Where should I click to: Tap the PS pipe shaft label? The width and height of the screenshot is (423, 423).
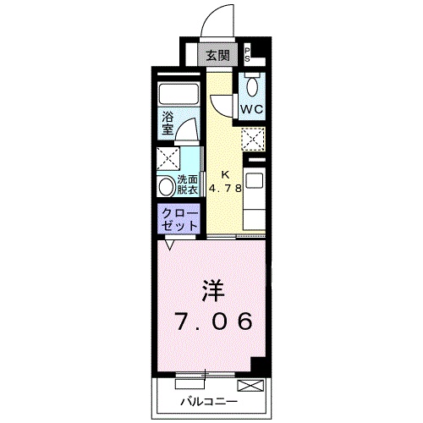pos(248,55)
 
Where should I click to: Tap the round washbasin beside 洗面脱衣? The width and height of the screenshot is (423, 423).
pos(166,187)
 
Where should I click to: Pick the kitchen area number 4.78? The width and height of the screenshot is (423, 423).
pos(224,188)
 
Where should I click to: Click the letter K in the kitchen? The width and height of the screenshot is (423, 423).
pos(224,175)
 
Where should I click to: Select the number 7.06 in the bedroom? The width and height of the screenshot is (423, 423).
pos(213,322)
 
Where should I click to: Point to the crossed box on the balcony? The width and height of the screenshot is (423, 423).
pos(250,386)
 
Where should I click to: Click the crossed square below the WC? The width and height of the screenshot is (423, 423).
pos(253,140)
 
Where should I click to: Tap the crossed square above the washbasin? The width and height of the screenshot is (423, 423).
pos(168,159)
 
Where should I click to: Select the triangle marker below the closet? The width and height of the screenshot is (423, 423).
pos(170,245)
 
